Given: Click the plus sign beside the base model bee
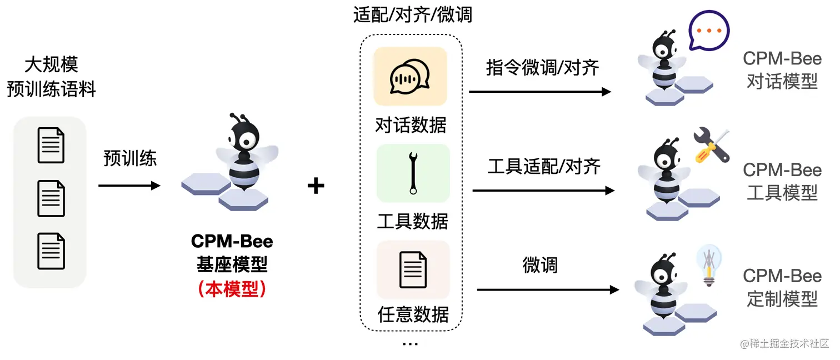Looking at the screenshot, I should click(x=316, y=186).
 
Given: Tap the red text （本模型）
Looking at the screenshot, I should click(x=232, y=289).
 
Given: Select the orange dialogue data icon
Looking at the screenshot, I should click(x=410, y=77).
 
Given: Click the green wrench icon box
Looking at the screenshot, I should click(x=413, y=173).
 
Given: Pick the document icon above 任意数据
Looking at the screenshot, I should click(x=413, y=269).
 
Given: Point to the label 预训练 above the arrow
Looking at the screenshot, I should click(x=130, y=158).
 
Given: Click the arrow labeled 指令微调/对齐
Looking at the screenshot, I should click(x=539, y=92).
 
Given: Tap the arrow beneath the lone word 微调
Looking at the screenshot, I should click(x=548, y=289).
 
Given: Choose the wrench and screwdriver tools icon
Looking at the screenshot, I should click(x=711, y=146).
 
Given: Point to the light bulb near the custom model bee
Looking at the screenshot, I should click(x=708, y=264).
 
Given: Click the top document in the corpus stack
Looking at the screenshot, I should click(x=51, y=145).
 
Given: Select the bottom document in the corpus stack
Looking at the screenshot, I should click(x=51, y=251).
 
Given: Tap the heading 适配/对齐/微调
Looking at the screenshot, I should click(x=412, y=14).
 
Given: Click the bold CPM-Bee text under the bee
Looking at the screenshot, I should click(x=232, y=241).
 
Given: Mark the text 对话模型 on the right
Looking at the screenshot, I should click(x=782, y=82).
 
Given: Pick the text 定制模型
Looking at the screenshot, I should click(x=782, y=299).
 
